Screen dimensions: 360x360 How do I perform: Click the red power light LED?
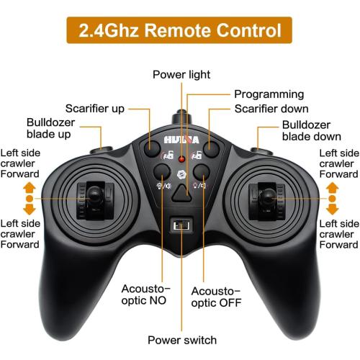(x=181, y=158)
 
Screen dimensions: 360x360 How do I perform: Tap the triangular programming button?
(x=181, y=193)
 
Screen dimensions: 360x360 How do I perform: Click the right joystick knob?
(x=267, y=196)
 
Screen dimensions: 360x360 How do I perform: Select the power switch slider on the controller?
(x=181, y=225)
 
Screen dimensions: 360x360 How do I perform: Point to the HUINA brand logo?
(x=181, y=140)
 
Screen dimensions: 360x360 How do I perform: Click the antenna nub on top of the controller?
(x=181, y=117)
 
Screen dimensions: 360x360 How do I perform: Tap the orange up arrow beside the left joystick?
(x=30, y=187)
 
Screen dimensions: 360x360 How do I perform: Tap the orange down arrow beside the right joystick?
(x=333, y=210)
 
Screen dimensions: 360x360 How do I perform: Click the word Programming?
(x=269, y=94)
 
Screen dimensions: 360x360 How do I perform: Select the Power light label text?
(x=181, y=75)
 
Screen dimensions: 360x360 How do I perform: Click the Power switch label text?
(x=182, y=341)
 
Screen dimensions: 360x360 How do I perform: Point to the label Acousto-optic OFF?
(x=216, y=297)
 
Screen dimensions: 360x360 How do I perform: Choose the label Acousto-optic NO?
(x=145, y=294)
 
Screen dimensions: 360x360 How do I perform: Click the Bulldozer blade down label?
(x=312, y=131)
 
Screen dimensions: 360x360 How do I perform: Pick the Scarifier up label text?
(x=95, y=109)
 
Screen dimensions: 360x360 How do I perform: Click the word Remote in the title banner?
(x=178, y=30)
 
